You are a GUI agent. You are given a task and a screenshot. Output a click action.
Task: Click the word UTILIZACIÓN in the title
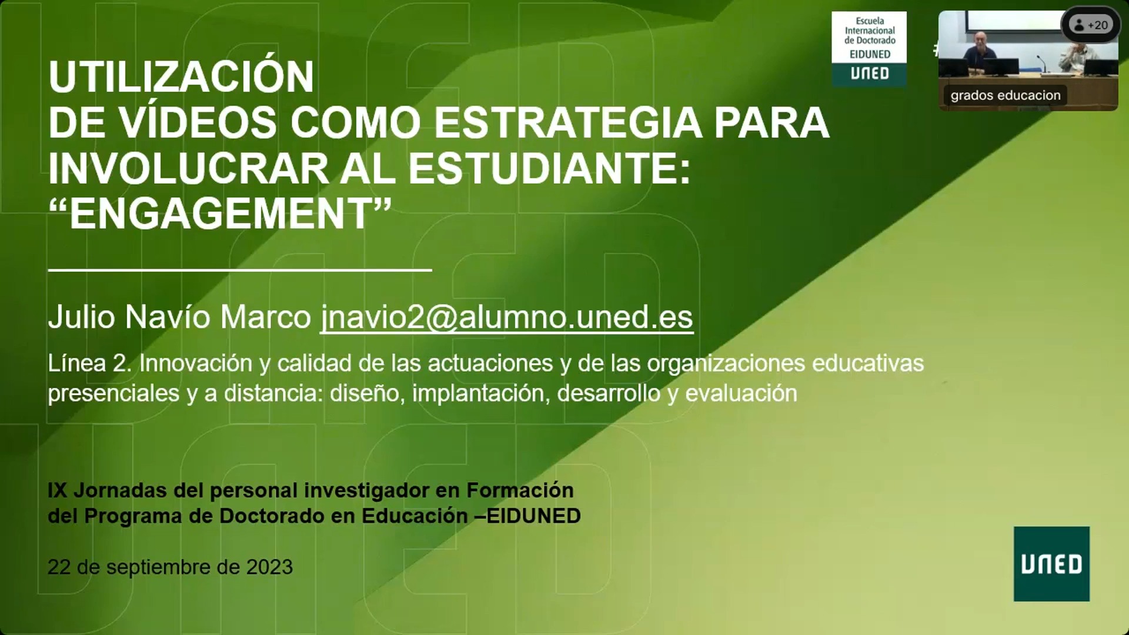(181, 76)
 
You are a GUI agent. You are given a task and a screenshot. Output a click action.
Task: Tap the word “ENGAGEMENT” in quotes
(221, 213)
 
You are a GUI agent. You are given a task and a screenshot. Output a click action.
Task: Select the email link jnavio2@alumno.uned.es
(507, 317)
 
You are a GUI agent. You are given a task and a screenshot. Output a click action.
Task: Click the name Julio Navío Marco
(179, 317)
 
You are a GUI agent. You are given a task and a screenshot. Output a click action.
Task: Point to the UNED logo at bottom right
(1051, 564)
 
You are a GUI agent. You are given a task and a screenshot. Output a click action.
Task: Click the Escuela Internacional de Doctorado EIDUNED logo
(869, 49)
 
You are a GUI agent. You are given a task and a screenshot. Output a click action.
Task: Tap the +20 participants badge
(1091, 25)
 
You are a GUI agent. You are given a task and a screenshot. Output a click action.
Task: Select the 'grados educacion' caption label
(1006, 95)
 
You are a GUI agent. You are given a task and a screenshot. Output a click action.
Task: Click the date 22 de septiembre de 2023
(170, 567)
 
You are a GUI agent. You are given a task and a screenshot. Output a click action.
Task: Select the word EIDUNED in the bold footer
(534, 516)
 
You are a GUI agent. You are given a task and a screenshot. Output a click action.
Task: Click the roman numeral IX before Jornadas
(57, 490)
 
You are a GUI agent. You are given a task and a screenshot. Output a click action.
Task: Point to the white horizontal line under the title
(240, 270)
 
